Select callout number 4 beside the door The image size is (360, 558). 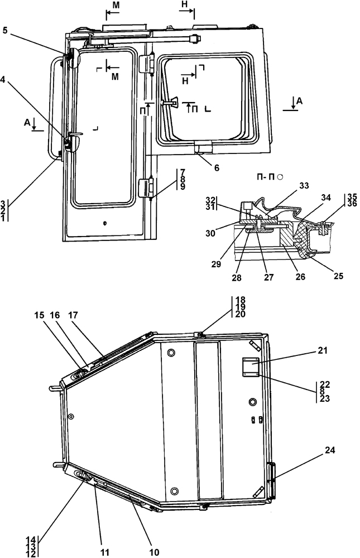5,79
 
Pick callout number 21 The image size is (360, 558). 324,350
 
